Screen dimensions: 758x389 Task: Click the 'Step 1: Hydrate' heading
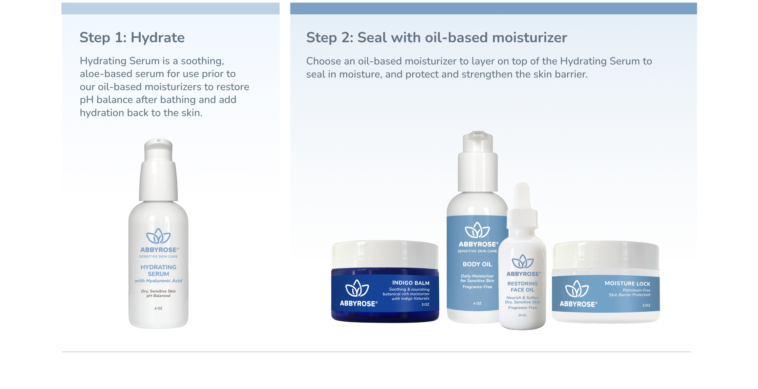tap(132, 38)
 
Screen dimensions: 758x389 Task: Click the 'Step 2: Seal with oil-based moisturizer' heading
tap(437, 38)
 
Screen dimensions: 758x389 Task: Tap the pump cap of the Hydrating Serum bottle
tap(158, 169)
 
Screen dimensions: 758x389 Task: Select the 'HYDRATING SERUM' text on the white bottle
tap(158, 270)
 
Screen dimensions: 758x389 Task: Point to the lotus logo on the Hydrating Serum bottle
tap(158, 236)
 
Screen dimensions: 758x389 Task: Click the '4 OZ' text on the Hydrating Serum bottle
tap(158, 308)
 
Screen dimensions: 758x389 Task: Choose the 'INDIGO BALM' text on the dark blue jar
tap(411, 283)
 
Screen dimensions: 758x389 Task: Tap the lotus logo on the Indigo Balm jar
tap(357, 288)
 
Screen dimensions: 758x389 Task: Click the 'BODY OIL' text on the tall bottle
tap(477, 264)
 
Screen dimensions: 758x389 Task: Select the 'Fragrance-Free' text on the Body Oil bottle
tap(477, 287)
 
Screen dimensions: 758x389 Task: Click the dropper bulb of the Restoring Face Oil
tap(522, 195)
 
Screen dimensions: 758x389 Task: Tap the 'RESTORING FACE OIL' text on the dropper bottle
tap(523, 287)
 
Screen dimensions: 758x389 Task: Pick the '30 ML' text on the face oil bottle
tap(523, 315)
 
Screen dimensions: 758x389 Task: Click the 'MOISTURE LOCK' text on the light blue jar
tap(628, 284)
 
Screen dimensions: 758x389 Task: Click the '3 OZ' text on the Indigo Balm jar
tap(425, 305)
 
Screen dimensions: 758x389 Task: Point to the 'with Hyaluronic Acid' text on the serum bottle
tap(158, 281)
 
